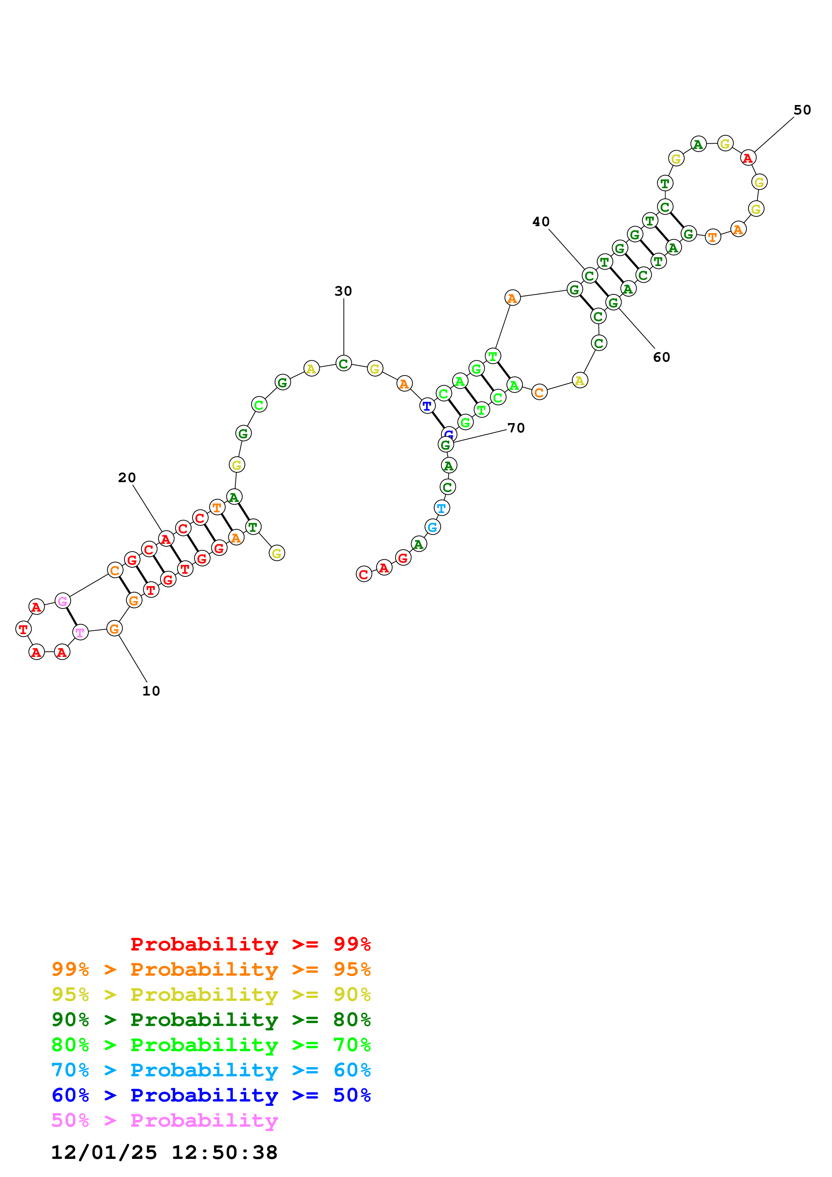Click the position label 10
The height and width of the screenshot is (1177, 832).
[151, 691]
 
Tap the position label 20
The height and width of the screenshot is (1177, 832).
[127, 478]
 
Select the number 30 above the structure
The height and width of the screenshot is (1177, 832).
[343, 291]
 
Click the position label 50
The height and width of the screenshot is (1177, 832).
[802, 110]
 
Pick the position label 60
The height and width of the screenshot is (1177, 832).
[661, 357]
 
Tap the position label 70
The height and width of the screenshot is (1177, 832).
[516, 428]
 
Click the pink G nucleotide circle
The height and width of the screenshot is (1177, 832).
[62, 601]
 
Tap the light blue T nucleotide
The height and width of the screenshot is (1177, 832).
[441, 508]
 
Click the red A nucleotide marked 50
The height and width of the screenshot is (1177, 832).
[748, 158]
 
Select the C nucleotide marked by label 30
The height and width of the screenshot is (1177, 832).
[343, 363]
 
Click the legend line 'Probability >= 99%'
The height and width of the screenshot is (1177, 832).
[250, 944]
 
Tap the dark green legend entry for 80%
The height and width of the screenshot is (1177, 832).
[211, 1020]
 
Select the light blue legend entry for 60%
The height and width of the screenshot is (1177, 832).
[211, 1070]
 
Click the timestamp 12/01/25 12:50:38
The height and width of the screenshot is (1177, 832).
[164, 1153]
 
